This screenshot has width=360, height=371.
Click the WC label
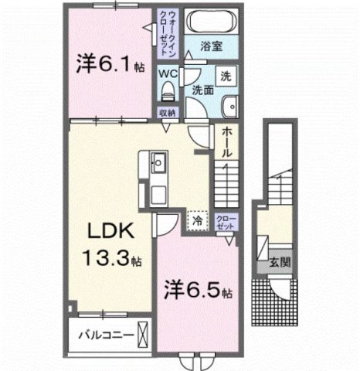(168, 74)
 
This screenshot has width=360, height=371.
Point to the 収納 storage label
(168, 113)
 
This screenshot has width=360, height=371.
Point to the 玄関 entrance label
(279, 262)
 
